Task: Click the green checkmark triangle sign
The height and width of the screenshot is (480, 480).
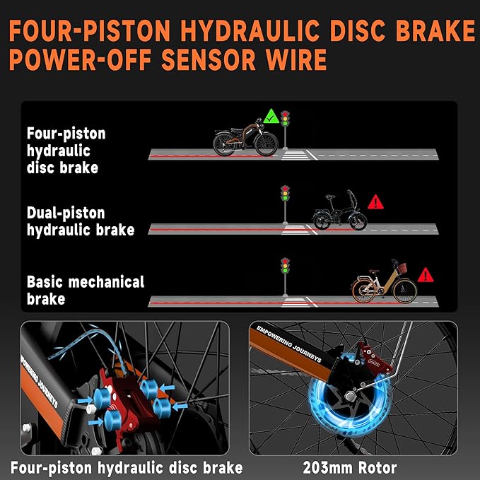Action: (271, 117)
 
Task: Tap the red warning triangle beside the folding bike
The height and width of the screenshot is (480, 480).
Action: (375, 203)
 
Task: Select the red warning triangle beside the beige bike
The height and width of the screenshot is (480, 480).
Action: (426, 276)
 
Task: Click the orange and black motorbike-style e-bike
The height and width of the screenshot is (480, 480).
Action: (245, 138)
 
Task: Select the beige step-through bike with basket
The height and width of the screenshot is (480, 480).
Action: (384, 282)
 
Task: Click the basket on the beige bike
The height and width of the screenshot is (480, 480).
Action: (402, 268)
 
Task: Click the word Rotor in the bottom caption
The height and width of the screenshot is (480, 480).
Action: (377, 467)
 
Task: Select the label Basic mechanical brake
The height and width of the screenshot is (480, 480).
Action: (86, 291)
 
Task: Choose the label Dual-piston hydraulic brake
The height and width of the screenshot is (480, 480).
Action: (81, 221)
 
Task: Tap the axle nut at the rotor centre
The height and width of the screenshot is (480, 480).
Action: (350, 397)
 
